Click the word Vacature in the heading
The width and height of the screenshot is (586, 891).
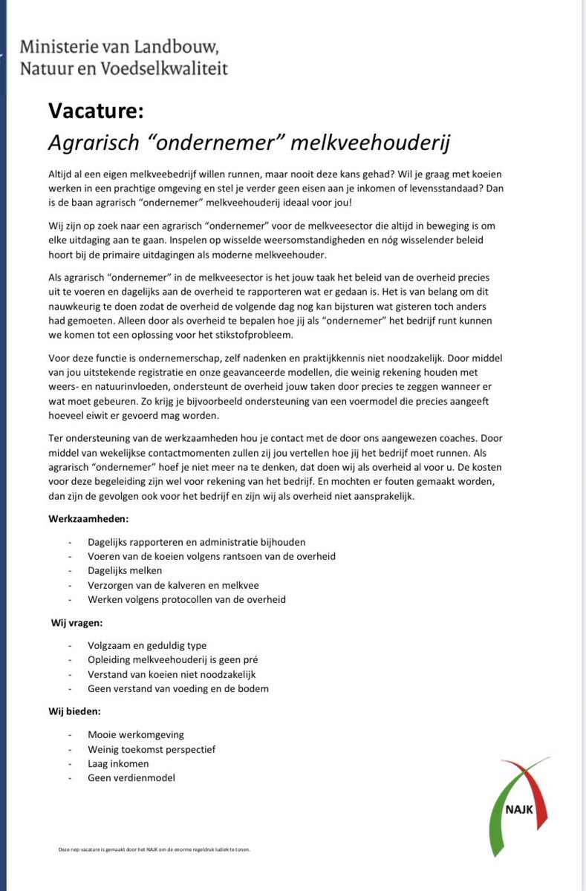click(x=95, y=111)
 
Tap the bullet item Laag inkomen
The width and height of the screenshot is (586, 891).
click(x=118, y=763)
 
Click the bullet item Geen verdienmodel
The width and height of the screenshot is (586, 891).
click(x=131, y=777)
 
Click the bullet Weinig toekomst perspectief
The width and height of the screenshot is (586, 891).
click(x=152, y=749)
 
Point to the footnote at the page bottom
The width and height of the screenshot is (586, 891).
click(x=154, y=849)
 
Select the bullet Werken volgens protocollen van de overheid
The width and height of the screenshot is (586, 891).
click(x=186, y=598)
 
